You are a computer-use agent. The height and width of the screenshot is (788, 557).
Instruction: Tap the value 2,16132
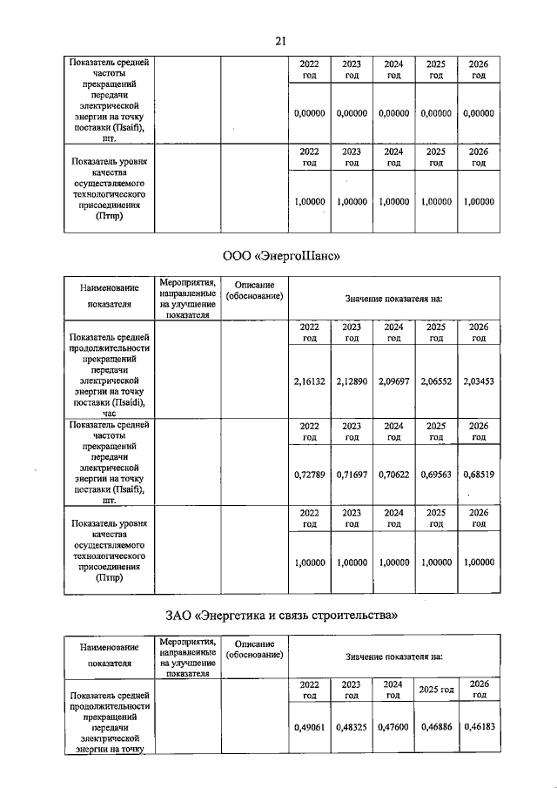309,380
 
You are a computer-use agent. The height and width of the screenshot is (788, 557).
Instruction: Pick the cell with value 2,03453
479,380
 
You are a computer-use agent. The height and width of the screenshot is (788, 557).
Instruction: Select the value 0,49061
309,725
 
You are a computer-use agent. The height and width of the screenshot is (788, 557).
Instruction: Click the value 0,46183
479,725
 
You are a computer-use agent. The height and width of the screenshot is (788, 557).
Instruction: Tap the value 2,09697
393,380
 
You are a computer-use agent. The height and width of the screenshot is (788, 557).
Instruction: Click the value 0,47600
393,725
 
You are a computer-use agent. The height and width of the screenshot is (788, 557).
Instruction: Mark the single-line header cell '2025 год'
436,690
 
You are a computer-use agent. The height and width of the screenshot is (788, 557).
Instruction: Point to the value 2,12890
352,380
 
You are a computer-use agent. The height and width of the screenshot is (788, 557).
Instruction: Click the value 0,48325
352,725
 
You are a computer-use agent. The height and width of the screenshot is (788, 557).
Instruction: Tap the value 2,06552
436,380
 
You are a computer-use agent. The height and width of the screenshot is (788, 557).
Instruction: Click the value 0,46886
436,725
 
